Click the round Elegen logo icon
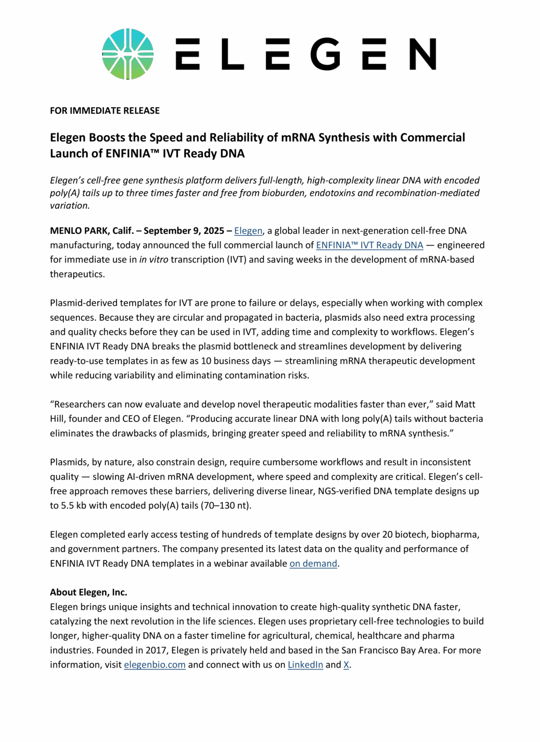pyautogui.click(x=128, y=54)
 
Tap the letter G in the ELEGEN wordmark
pyautogui.click(x=326, y=54)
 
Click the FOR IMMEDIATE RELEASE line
pyautogui.click(x=104, y=111)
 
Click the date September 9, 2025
pyautogui.click(x=184, y=231)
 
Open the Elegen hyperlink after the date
pyautogui.click(x=248, y=231)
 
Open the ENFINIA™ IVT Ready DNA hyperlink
pyautogui.click(x=369, y=245)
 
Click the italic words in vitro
pyautogui.click(x=154, y=260)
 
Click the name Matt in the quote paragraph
pyautogui.click(x=465, y=404)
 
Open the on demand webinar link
pyautogui.click(x=313, y=564)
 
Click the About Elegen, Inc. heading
pyautogui.click(x=88, y=592)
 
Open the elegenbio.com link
pyautogui.click(x=155, y=665)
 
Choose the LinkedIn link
pyautogui.click(x=305, y=665)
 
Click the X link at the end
pyautogui.click(x=346, y=665)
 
